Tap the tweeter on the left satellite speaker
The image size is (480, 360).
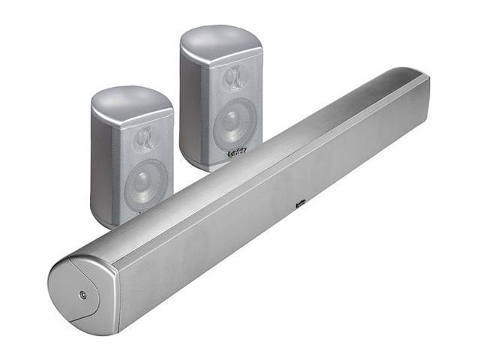coord(145,140)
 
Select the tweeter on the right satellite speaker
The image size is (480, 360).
coord(234,77)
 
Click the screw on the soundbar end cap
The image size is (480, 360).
coord(82,294)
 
